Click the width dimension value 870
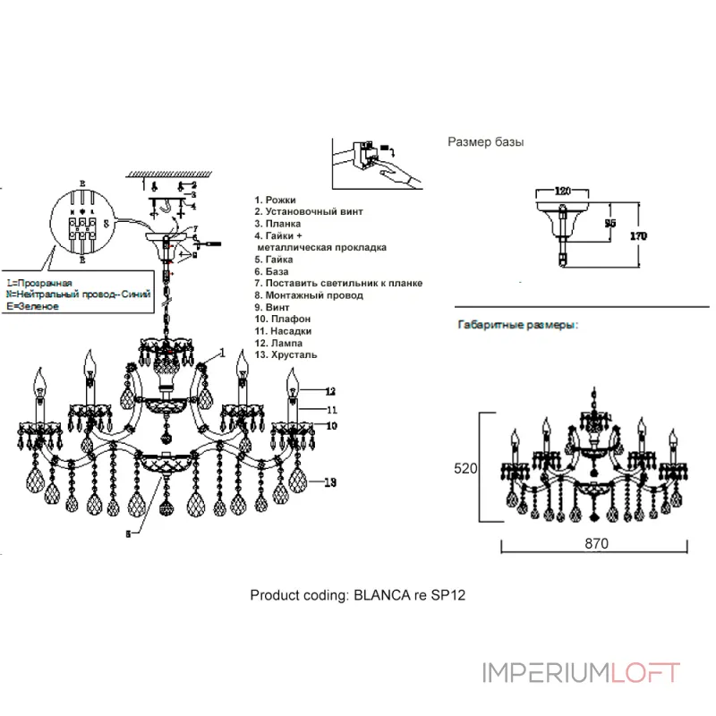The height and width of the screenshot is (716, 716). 597,543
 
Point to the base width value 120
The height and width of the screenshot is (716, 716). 563,192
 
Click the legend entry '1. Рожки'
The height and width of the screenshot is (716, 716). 275,200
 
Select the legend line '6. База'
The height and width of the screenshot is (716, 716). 273,271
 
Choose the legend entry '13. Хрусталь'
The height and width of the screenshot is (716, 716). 286,354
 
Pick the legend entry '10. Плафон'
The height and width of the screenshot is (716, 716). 283,319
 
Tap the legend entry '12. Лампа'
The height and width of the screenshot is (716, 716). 278,343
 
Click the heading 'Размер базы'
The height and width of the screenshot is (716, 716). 485,142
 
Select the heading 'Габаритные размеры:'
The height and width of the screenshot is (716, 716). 517,326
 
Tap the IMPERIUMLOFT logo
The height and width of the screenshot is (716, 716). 581,673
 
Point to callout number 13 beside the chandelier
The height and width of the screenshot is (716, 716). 329,483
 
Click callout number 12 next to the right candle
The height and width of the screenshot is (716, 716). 330,391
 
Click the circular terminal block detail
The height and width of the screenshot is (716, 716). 81,223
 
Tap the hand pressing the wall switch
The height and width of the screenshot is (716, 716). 399,175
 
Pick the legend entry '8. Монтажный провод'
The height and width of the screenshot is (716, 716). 309,294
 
